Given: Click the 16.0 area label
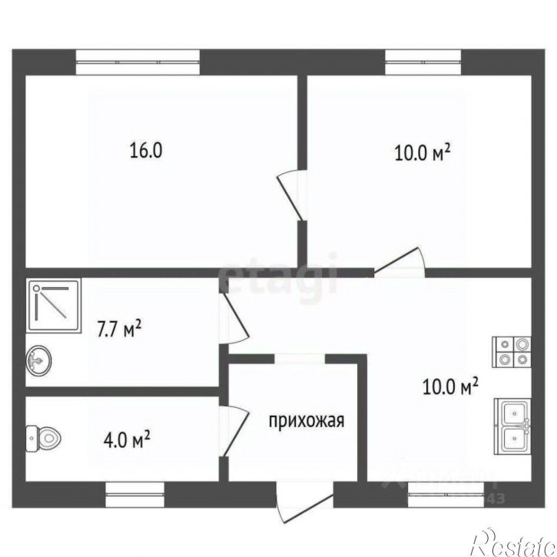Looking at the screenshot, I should coord(145,150).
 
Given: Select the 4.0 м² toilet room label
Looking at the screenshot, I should coord(126,441).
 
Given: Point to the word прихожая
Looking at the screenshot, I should coord(305,420).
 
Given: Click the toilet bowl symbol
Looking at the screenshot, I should coord(42,439).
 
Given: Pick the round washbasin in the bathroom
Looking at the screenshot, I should coord(39,359).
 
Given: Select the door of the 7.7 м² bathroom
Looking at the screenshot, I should coord(236,319).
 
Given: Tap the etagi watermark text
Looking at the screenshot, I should coord(277,274).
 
